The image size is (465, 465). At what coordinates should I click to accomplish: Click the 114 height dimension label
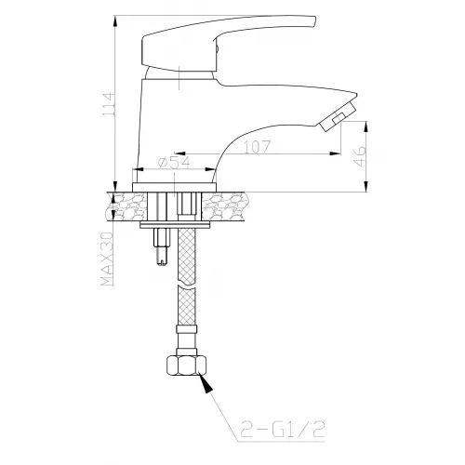click(x=109, y=104)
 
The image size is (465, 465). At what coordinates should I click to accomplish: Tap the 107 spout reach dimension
click(x=257, y=147)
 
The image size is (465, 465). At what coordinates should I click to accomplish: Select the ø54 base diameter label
click(x=174, y=163)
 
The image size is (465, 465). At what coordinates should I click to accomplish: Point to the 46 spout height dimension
click(x=360, y=156)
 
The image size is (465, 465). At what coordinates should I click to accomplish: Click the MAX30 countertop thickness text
click(x=107, y=259)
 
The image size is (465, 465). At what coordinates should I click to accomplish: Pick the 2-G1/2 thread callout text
click(x=283, y=430)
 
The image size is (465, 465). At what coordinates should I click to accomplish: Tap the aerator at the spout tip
click(x=338, y=117)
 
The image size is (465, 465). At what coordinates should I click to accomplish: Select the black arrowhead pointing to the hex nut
click(x=206, y=383)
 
